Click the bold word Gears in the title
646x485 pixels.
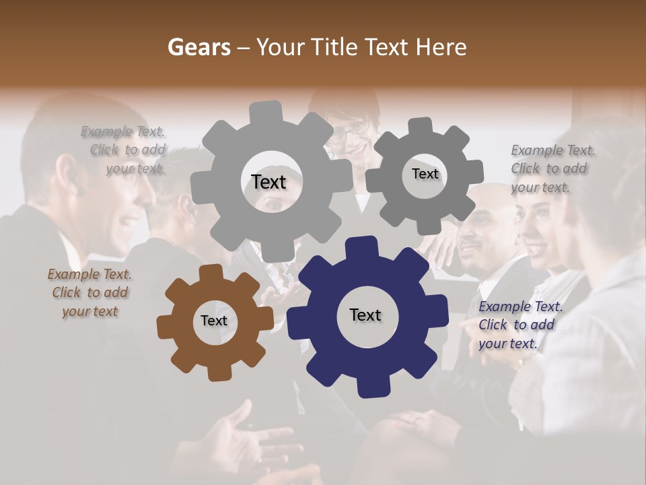pyautogui.click(x=198, y=47)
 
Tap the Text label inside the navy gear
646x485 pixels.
pyautogui.click(x=365, y=315)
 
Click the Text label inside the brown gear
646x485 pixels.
pyautogui.click(x=214, y=321)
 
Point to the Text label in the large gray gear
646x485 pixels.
pyautogui.click(x=268, y=182)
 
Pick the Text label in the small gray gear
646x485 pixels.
pyautogui.click(x=425, y=174)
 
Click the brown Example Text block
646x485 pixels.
pyautogui.click(x=89, y=292)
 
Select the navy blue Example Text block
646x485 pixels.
pyautogui.click(x=521, y=325)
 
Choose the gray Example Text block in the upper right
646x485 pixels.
pyautogui.click(x=552, y=168)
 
